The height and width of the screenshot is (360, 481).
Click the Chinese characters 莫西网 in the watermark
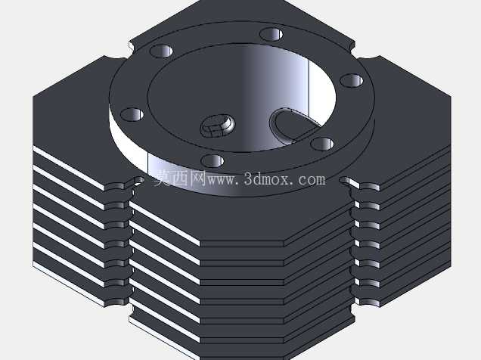point(179,178)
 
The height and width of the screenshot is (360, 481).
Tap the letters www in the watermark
point(222,180)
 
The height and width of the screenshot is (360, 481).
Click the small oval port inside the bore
point(218,125)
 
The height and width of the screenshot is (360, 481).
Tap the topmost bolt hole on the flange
point(272,34)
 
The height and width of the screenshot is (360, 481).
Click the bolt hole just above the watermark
point(213,161)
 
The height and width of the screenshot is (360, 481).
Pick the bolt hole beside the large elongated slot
point(321,144)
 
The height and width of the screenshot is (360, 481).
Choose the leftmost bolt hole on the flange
point(132,114)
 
